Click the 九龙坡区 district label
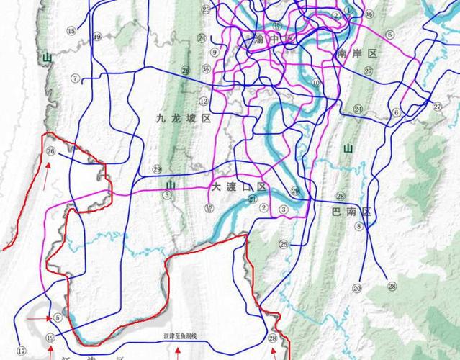183,119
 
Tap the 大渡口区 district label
239,186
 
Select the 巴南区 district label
350,212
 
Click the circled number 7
75,78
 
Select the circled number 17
22,351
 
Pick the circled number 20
356,288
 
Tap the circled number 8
358,226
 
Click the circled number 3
284,210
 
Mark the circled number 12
204,102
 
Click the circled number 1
348,10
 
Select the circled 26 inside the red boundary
50,151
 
